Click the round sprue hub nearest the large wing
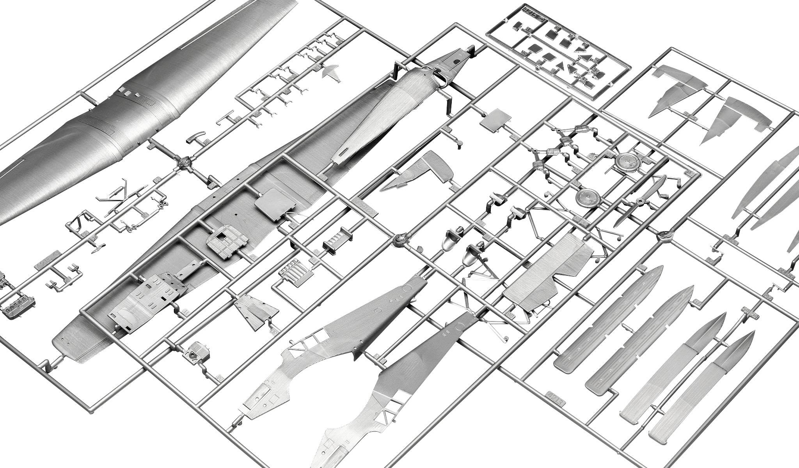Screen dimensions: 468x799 coord(183,161)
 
